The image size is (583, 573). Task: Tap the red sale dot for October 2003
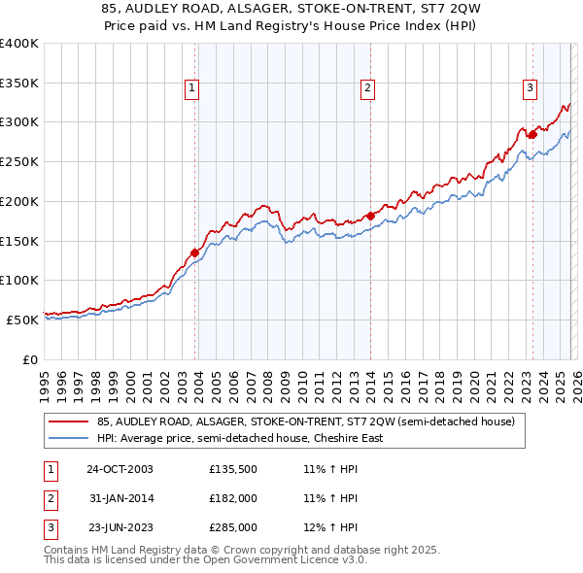(x=195, y=253)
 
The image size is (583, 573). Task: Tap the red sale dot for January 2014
(x=371, y=216)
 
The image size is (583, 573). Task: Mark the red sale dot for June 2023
(x=532, y=135)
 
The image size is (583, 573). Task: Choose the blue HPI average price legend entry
(x=239, y=438)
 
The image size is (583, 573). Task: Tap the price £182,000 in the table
(x=232, y=499)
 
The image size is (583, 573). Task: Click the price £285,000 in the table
(x=232, y=529)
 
